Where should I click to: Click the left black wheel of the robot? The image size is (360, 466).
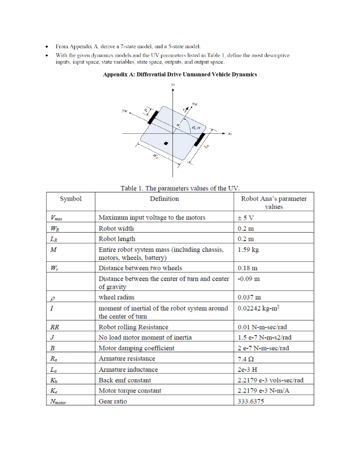(x=153, y=116)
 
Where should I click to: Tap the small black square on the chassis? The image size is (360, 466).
(x=166, y=143)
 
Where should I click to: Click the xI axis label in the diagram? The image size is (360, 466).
(x=230, y=134)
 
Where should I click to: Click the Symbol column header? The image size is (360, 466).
(x=71, y=199)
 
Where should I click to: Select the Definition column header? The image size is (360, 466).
(x=164, y=199)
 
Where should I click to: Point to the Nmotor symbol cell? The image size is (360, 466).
(x=58, y=401)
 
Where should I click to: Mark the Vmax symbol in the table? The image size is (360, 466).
(x=57, y=218)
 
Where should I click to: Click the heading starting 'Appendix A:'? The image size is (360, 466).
(x=180, y=74)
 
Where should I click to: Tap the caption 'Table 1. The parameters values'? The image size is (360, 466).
(x=180, y=188)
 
